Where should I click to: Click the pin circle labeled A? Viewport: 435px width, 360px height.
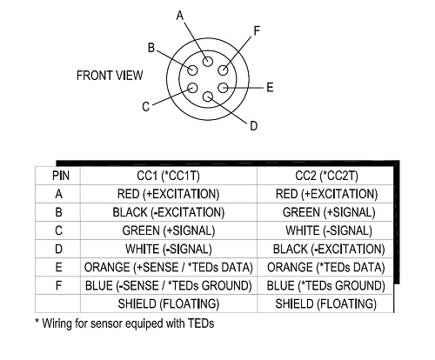pos(208,62)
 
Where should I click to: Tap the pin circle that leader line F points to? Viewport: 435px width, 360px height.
pos(223,70)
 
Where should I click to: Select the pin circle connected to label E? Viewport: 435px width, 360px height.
pos(223,88)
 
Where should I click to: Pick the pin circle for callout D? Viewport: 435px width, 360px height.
pos(208,97)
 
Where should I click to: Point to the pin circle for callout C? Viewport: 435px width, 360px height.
pos(192,88)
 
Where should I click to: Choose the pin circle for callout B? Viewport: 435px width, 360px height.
pos(192,70)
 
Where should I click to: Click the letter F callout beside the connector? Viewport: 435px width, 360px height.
pos(257,30)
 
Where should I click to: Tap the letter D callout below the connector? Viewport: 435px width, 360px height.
pos(253,126)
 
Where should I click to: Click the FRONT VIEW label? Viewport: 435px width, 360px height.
pos(110,76)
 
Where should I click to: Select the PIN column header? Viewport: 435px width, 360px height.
pos(61,176)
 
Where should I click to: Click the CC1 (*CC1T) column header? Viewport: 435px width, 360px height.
pos(168,176)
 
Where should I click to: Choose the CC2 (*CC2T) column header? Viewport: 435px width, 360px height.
pos(326,176)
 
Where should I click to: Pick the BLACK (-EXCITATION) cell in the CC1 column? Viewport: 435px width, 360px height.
pos(169,212)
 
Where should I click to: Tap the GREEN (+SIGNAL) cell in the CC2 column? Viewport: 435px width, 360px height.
pos(329,212)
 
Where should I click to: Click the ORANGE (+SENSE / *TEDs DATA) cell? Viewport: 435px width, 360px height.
pos(169,267)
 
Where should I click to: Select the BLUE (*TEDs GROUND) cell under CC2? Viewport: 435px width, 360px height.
pos(326,286)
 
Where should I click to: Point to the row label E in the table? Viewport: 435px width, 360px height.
pos(58,267)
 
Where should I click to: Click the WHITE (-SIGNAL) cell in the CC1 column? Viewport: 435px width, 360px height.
pos(169,249)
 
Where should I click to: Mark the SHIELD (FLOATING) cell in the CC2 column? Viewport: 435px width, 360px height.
pos(326,303)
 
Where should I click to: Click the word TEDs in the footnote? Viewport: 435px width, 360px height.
pos(201,323)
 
